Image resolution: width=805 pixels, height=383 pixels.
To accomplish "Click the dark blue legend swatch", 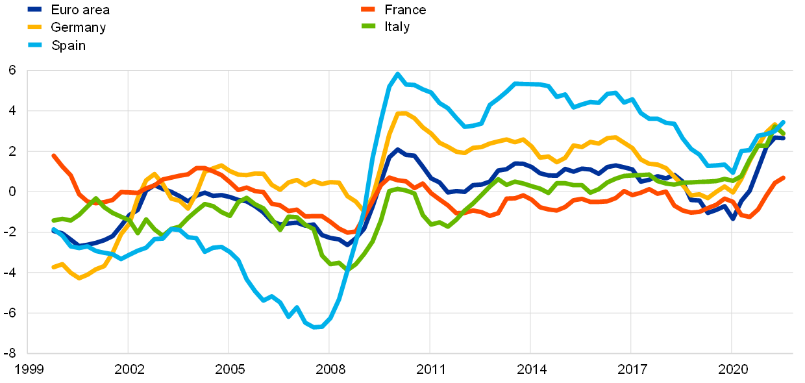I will pyautogui.click(x=34, y=9).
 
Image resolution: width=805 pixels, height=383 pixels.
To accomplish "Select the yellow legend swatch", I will pyautogui.click(x=34, y=27).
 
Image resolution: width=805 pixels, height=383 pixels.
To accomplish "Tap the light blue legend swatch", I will pyautogui.click(x=34, y=45).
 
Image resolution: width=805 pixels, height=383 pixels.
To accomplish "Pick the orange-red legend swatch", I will pyautogui.click(x=368, y=9).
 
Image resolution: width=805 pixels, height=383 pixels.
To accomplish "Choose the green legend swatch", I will pyautogui.click(x=368, y=26).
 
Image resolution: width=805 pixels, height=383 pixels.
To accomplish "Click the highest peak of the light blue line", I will pyautogui.click(x=397, y=73).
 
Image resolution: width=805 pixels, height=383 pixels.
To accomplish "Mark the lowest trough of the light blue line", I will pyautogui.click(x=316, y=327).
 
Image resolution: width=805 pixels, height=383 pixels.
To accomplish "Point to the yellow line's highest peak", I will pyautogui.click(x=399, y=113).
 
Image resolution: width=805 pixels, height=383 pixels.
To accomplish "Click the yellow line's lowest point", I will pyautogui.click(x=79, y=278).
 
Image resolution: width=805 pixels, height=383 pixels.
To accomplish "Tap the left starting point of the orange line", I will pyautogui.click(x=53, y=155).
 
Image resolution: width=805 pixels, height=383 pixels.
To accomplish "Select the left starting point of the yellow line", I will pyautogui.click(x=53, y=267).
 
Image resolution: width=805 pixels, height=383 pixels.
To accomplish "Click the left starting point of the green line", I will pyautogui.click(x=53, y=221).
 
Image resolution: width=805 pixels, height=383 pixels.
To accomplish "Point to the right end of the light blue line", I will pyautogui.click(x=784, y=121).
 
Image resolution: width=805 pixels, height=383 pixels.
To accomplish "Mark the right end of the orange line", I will pyautogui.click(x=784, y=177).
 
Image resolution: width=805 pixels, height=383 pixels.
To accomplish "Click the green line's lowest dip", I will pyautogui.click(x=347, y=269).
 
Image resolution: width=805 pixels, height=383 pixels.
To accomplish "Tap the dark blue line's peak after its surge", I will pyautogui.click(x=397, y=149).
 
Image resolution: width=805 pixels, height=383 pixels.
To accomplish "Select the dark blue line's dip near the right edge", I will pyautogui.click(x=734, y=219).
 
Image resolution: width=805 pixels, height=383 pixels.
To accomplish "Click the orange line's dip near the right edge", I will pyautogui.click(x=750, y=217).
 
